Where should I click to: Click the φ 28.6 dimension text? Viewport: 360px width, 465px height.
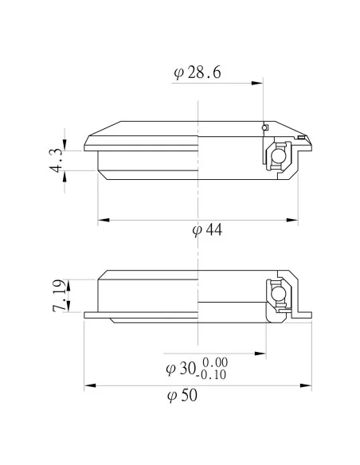[197, 74]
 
